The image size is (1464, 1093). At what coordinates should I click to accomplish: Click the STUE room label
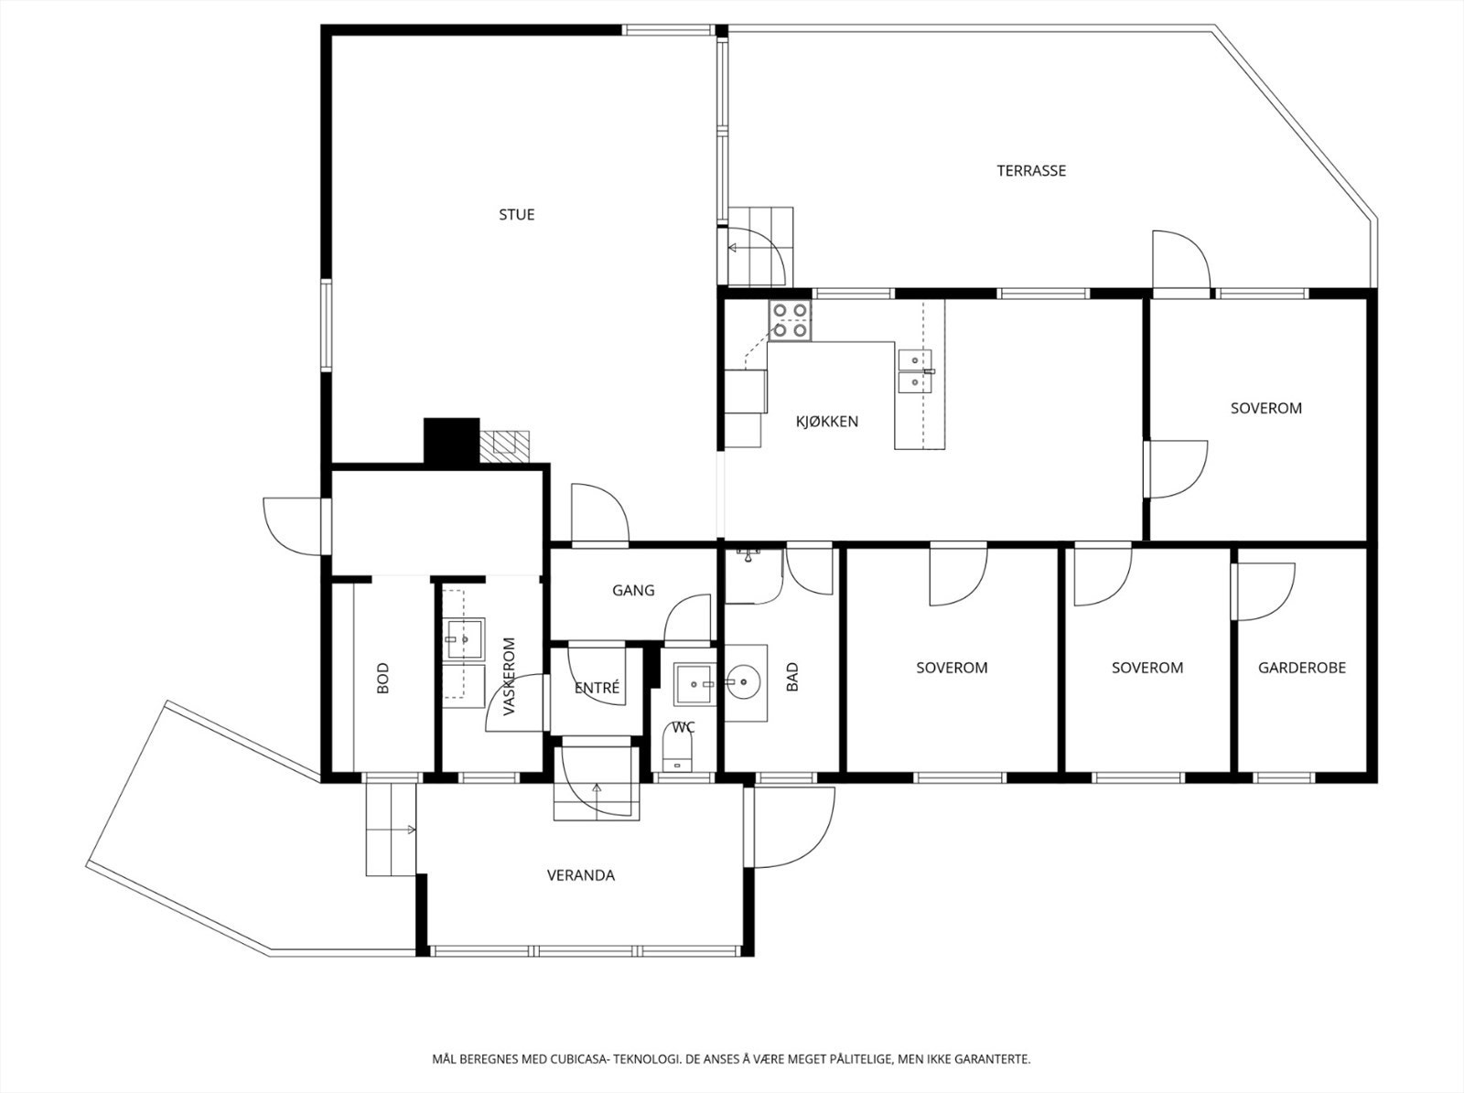516,215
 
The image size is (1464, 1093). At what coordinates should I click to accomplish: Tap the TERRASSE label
1031,171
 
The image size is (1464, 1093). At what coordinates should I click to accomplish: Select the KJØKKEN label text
827,422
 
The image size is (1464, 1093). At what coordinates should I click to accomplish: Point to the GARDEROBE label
1302,667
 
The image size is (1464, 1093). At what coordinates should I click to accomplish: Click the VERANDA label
581,875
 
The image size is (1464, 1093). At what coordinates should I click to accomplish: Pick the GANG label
633,590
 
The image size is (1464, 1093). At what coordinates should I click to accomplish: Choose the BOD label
382,678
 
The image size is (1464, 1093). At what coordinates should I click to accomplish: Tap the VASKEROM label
509,677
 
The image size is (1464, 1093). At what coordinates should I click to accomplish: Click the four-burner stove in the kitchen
790,320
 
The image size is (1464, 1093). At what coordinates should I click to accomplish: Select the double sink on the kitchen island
916,370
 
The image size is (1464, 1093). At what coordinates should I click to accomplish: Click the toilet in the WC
679,753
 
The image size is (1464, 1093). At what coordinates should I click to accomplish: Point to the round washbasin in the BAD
741,681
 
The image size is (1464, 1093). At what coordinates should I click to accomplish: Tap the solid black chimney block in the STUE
451,441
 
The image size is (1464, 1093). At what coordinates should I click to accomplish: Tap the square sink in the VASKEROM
464,639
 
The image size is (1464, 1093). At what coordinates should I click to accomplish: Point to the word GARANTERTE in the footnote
993,1058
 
